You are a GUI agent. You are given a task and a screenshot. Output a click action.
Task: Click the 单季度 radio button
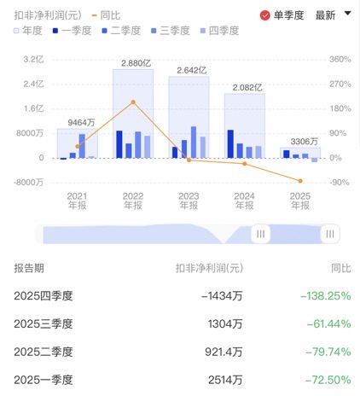coord(265,15)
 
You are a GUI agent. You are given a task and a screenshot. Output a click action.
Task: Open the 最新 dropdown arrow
coord(347,14)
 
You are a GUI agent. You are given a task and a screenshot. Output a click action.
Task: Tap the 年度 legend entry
coord(28,31)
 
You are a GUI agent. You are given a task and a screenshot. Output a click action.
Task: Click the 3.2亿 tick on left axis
coord(33,59)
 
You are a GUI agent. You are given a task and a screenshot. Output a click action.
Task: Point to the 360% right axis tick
coord(340,59)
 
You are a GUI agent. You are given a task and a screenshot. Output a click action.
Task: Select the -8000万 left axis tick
coord(29,182)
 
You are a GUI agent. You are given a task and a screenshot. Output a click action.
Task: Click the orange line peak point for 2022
coord(133,102)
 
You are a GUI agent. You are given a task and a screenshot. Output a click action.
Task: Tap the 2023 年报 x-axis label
coord(189,201)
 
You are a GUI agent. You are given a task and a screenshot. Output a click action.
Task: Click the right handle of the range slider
coord(329,233)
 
